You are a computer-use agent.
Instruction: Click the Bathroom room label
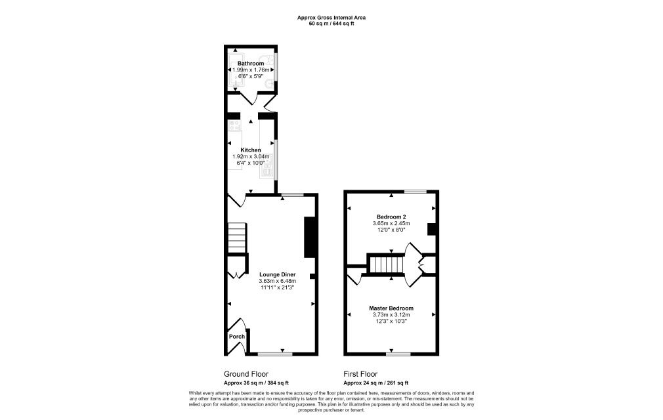[x=251, y=63]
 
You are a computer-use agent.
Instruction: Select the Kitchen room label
[x=251, y=150]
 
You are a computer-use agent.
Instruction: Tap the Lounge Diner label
[x=277, y=274]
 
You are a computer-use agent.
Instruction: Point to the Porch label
[x=236, y=337]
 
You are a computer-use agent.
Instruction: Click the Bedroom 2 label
[x=391, y=217]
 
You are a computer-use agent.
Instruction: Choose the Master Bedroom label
[x=391, y=308]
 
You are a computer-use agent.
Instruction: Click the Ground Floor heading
[x=246, y=373]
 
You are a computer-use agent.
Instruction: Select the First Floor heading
[x=362, y=373]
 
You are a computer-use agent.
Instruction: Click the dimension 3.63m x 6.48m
[x=277, y=281]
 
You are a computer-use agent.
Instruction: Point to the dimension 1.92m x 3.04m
[x=251, y=156]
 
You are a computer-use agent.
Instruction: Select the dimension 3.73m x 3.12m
[x=391, y=315]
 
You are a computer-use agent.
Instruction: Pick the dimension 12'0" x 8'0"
[x=391, y=230]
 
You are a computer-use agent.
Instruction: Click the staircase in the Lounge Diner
[x=237, y=238]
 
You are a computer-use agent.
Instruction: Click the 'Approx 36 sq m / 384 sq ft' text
[x=257, y=383]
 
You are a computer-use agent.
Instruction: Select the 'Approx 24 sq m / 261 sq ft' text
[x=376, y=383]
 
